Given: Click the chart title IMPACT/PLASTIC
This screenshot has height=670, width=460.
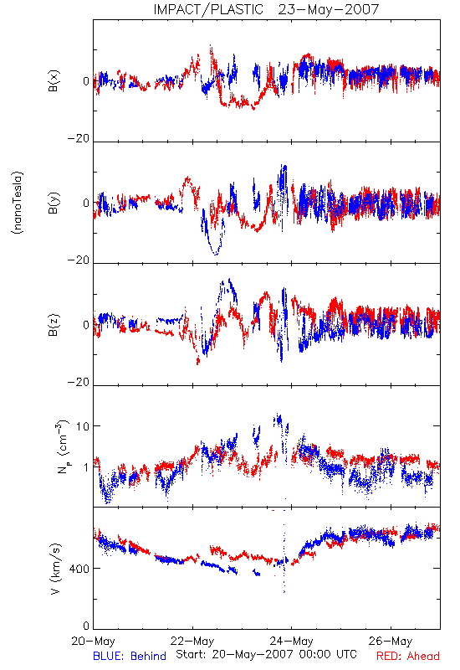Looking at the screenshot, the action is click(208, 9).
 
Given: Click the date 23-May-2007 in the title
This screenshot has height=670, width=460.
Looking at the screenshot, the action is click(329, 9).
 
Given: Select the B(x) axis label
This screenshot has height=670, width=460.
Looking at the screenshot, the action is click(54, 80).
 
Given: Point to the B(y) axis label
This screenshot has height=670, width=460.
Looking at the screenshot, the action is click(54, 203).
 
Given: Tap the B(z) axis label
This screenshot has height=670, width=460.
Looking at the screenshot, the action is click(54, 325).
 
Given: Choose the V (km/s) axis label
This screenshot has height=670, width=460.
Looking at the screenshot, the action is click(55, 569).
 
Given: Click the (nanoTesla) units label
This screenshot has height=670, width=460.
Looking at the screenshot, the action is click(18, 203).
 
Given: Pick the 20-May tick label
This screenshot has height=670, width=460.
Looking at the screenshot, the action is click(93, 641).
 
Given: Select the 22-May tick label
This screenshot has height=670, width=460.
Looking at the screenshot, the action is click(192, 641).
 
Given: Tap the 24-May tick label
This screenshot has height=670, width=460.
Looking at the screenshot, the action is click(291, 641).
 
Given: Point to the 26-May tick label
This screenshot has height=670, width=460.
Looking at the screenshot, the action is click(391, 641).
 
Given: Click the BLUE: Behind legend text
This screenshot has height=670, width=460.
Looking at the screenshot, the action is click(130, 656).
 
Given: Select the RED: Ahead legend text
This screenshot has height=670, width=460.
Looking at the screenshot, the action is click(408, 656).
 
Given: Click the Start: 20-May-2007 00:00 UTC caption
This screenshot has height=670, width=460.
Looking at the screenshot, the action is click(266, 654).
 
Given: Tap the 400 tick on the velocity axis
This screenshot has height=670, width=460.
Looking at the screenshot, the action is click(79, 569).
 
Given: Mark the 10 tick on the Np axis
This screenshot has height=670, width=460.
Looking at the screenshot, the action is click(83, 426).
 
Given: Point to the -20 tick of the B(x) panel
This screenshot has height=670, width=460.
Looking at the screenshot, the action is click(79, 138).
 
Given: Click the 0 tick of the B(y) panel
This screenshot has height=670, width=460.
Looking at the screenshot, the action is click(86, 203).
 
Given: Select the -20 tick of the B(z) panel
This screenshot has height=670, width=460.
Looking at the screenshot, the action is click(79, 382).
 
